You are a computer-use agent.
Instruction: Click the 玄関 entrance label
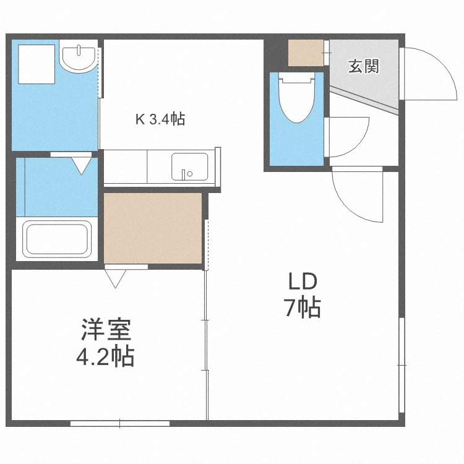click(x=363, y=66)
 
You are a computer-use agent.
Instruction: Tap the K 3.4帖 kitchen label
click(x=160, y=119)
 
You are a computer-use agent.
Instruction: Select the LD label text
click(x=303, y=281)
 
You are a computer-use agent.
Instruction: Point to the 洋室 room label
click(x=106, y=330)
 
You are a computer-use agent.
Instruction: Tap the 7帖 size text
click(x=303, y=307)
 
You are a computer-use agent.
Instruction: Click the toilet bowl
click(x=297, y=98)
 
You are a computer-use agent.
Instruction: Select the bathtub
click(x=58, y=239)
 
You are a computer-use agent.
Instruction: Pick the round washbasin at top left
click(x=78, y=56)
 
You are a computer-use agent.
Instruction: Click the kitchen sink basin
click(x=190, y=167)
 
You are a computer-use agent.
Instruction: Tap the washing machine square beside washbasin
click(x=37, y=64)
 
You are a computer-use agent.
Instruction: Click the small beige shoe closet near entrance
click(x=306, y=53)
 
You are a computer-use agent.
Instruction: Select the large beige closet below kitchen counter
click(x=153, y=228)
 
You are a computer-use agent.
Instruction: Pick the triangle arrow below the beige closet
click(x=116, y=279)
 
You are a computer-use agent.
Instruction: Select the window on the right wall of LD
click(x=402, y=365)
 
